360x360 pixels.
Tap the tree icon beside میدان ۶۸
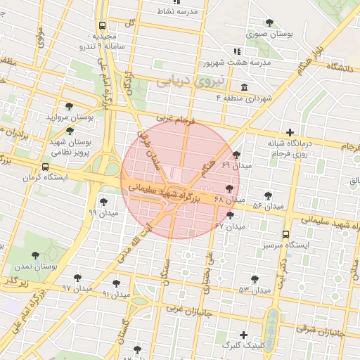[x=229, y=188]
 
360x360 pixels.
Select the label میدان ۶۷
[x=230, y=226]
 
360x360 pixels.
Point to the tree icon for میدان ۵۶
[x=268, y=195]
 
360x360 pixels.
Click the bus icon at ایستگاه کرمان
[x=46, y=167]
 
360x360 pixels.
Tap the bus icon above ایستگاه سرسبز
[x=285, y=234]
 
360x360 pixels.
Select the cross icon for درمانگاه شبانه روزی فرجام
[x=290, y=132]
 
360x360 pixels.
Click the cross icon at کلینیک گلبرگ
[x=244, y=335]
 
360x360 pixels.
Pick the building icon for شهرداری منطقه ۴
[x=243, y=87]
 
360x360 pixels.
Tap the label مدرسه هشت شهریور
[x=236, y=63]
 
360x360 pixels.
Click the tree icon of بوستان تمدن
[x=36, y=256]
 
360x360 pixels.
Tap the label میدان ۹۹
[x=103, y=212]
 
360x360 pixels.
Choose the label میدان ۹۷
[x=77, y=288]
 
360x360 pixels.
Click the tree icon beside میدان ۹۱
[x=116, y=283]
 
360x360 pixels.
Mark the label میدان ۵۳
[x=254, y=290]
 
